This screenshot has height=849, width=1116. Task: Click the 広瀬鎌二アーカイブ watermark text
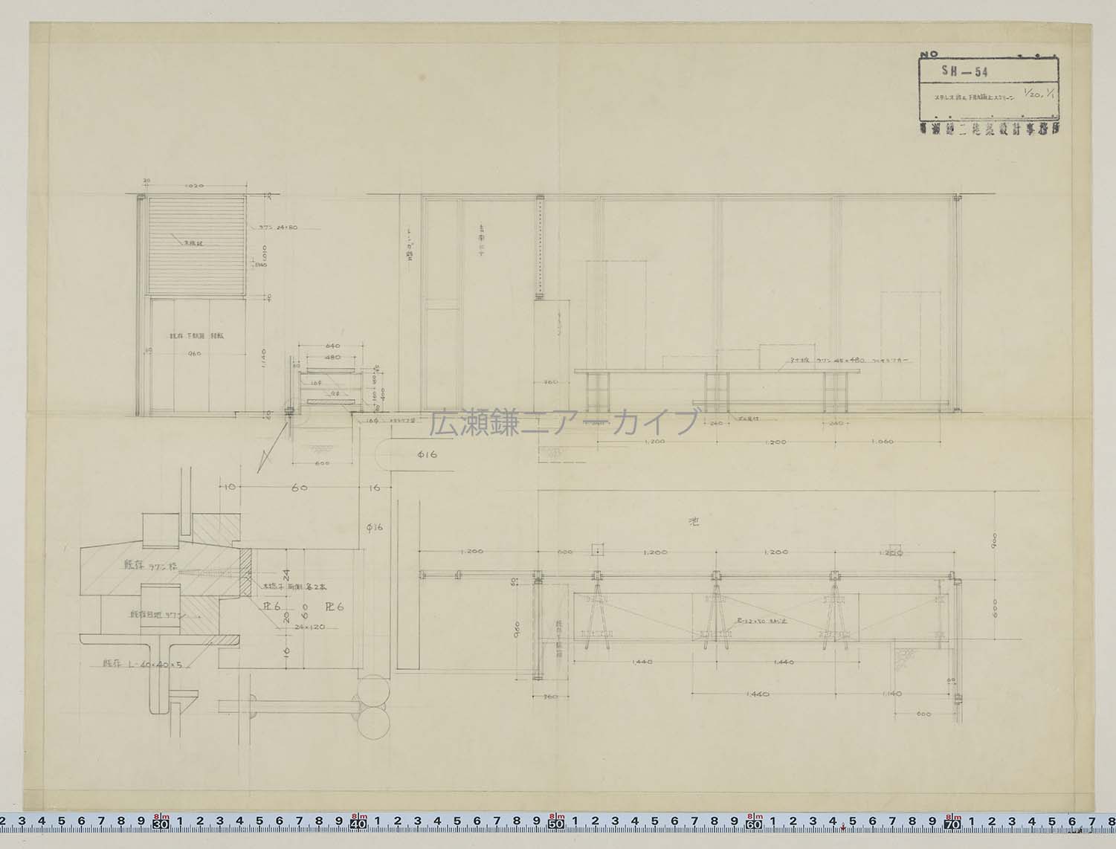tap(564, 422)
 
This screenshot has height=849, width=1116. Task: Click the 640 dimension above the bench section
tap(332, 346)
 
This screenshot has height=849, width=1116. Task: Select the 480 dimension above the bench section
tap(332, 358)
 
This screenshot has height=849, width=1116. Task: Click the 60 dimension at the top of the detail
tap(299, 488)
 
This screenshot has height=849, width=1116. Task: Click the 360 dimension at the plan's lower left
tap(551, 697)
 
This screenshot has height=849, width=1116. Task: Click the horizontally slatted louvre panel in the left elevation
tap(196, 245)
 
